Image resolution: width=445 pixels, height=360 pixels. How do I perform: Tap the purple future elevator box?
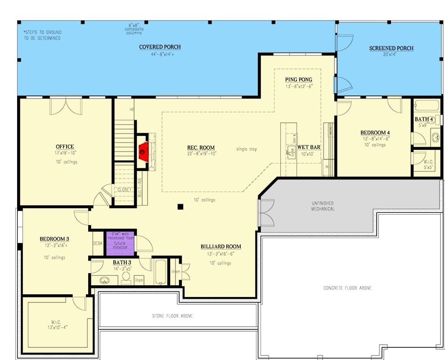[x=120, y=243]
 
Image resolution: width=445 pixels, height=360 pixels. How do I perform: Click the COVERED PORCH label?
[x=153, y=47]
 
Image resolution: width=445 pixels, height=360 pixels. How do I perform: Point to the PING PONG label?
[x=298, y=80]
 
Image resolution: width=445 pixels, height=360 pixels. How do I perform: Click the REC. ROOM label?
[x=201, y=148]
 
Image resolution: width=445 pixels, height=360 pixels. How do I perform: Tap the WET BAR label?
[x=309, y=147]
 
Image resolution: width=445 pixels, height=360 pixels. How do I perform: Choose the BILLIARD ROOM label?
[x=220, y=247]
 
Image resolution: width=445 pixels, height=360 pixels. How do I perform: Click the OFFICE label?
[x=65, y=147]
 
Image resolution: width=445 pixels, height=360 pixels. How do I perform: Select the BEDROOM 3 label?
[x=54, y=239]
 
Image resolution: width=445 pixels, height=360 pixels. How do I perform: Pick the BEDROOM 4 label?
[x=375, y=133]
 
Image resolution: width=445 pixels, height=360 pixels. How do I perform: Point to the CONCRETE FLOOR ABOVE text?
[x=347, y=288]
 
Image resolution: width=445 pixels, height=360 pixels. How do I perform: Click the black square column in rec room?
[x=180, y=207]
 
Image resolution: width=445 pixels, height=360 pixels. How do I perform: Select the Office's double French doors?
[x=66, y=106]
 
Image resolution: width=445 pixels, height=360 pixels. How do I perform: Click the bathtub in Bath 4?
[x=427, y=106]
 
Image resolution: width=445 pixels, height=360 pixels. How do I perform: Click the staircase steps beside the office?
[x=124, y=139]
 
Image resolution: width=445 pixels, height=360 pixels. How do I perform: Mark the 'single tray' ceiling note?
[x=247, y=149]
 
